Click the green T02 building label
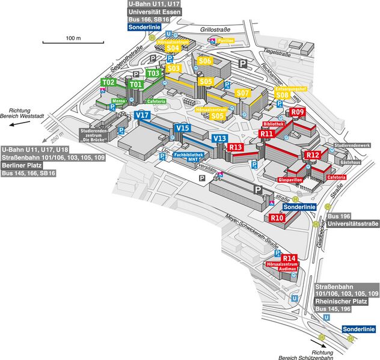[x=108, y=82]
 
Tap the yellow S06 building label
[x=206, y=61]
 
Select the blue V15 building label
[x=182, y=127]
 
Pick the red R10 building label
[x=277, y=218]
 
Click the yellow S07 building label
[x=242, y=93]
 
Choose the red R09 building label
[x=298, y=112]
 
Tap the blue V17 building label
[x=142, y=114]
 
